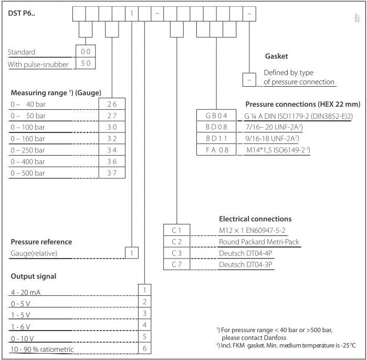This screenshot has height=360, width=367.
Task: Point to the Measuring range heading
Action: tap(56, 92)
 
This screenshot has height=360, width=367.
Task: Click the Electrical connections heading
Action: tap(255, 219)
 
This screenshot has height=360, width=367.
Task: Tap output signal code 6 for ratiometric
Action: tap(144, 348)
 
